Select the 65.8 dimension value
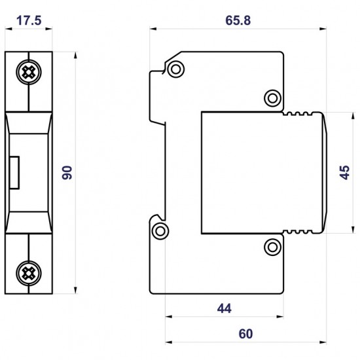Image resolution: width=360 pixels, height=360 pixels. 238,20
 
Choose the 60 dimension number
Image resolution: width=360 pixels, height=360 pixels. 245,334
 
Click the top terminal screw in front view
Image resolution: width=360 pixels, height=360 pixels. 29,73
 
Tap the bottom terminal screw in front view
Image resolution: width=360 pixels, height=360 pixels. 29,271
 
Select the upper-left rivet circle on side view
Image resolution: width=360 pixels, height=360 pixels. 175,70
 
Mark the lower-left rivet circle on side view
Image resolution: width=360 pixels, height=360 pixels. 160,230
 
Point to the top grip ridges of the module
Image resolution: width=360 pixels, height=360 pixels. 300,115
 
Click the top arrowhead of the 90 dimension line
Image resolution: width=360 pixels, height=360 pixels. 77,54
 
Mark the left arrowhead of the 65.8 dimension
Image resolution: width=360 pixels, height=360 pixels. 153,29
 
